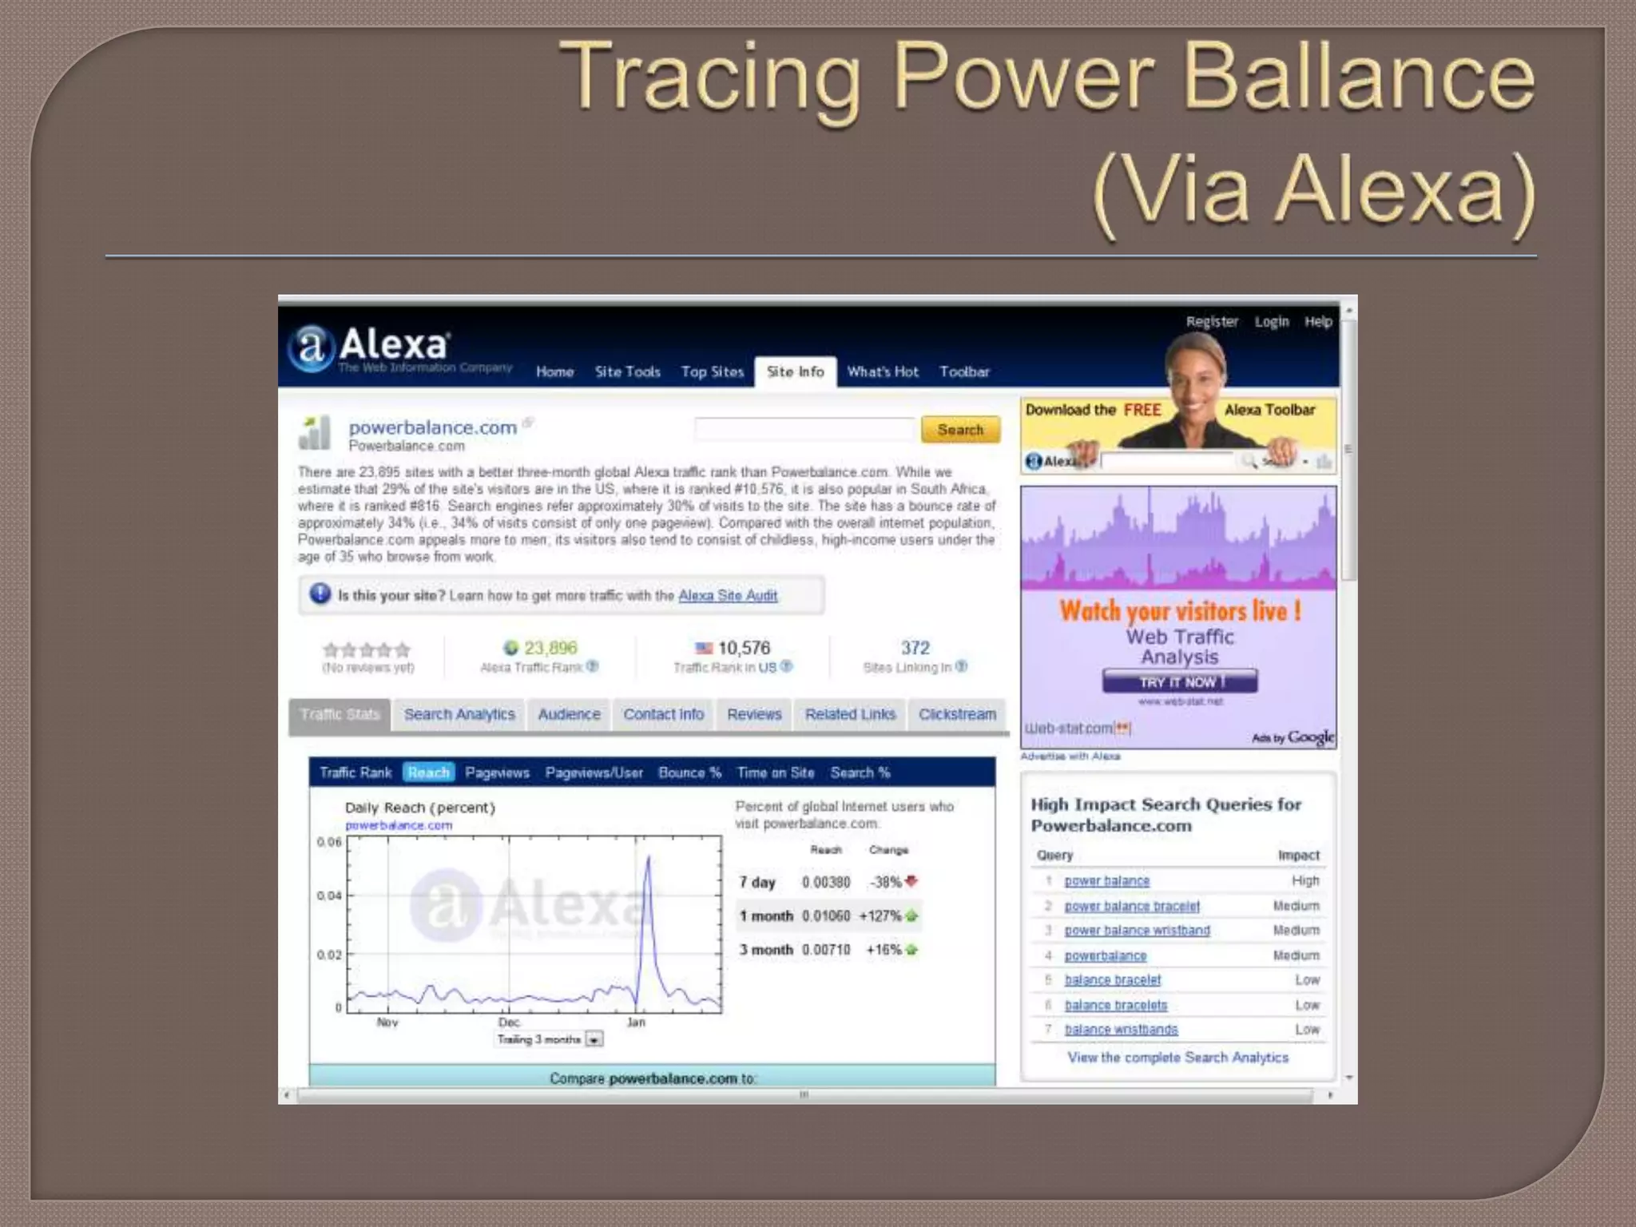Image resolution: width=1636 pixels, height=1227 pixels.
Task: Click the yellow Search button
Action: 959,430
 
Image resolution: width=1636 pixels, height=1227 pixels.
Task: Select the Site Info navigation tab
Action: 795,371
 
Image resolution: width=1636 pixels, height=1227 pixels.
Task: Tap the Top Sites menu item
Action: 712,371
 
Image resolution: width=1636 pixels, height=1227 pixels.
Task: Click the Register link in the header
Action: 1211,321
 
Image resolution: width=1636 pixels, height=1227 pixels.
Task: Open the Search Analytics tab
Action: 459,714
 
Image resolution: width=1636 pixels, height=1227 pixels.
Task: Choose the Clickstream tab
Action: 956,714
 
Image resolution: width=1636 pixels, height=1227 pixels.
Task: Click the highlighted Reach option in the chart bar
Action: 428,772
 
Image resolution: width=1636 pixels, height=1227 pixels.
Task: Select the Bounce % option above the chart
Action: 689,772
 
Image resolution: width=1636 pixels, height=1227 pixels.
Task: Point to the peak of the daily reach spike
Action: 648,857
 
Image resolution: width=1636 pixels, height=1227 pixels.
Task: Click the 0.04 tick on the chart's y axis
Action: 329,895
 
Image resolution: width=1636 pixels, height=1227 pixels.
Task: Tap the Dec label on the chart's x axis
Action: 509,1022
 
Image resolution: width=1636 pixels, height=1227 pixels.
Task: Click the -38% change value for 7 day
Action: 886,882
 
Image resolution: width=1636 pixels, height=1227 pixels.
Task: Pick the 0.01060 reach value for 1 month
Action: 826,915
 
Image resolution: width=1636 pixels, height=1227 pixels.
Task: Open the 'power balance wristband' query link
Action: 1137,931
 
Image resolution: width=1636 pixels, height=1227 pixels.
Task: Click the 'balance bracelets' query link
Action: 1115,1005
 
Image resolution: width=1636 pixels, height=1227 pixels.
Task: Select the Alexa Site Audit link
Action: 728,595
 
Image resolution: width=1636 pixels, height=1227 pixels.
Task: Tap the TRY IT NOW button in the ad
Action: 1179,682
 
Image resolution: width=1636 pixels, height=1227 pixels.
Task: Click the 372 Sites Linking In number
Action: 915,648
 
